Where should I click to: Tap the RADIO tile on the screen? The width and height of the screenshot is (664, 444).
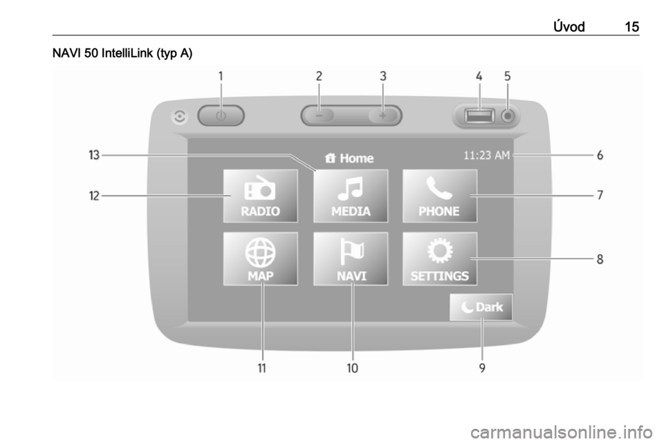[x=261, y=196]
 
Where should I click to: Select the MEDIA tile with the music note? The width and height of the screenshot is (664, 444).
[x=351, y=196]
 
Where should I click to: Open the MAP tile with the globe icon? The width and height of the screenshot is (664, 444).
[x=261, y=259]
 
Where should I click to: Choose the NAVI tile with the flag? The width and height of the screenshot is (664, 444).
[x=351, y=259]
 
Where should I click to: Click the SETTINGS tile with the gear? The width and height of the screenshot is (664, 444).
[x=440, y=259]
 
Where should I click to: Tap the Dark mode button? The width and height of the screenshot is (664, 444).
[x=481, y=307]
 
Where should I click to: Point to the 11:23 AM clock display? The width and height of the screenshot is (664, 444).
[x=486, y=156]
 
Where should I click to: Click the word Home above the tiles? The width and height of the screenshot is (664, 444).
[x=357, y=158]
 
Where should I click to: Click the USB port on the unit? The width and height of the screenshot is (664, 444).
[x=479, y=115]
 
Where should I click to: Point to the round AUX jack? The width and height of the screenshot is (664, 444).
[x=508, y=115]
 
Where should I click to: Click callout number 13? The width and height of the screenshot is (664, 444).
[x=94, y=155]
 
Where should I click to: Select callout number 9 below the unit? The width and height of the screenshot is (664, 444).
[x=482, y=368]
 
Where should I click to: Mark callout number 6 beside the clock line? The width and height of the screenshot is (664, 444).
[x=600, y=156]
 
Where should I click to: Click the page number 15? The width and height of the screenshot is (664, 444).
[x=631, y=27]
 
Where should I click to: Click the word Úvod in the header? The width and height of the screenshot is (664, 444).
[x=569, y=27]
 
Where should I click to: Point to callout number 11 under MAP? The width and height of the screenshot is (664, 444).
[x=262, y=368]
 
